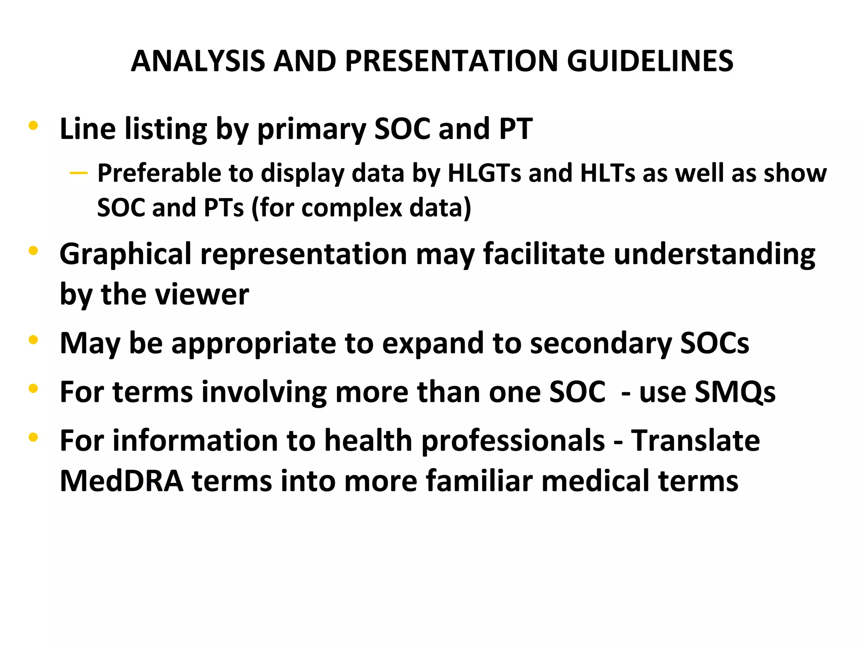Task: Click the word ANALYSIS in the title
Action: tap(198, 61)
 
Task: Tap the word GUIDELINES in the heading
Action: tap(650, 61)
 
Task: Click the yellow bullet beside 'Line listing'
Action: tap(33, 125)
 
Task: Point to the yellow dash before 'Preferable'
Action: tap(79, 173)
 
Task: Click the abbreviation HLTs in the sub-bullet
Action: tap(607, 173)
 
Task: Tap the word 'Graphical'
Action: tap(125, 255)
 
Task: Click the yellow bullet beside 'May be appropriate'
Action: tap(33, 340)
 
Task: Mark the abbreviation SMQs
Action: tap(735, 392)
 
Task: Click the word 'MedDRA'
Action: tap(122, 481)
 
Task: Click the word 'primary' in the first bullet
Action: tap(312, 129)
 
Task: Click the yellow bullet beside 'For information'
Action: tap(33, 437)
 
